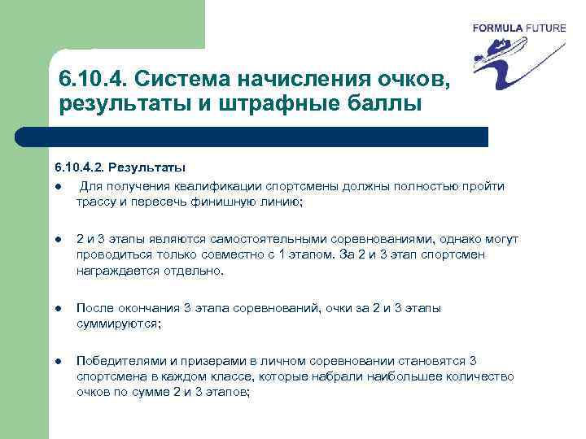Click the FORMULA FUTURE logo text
518,28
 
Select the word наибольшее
401,376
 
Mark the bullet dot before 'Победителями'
59,361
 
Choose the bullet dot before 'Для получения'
59,187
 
